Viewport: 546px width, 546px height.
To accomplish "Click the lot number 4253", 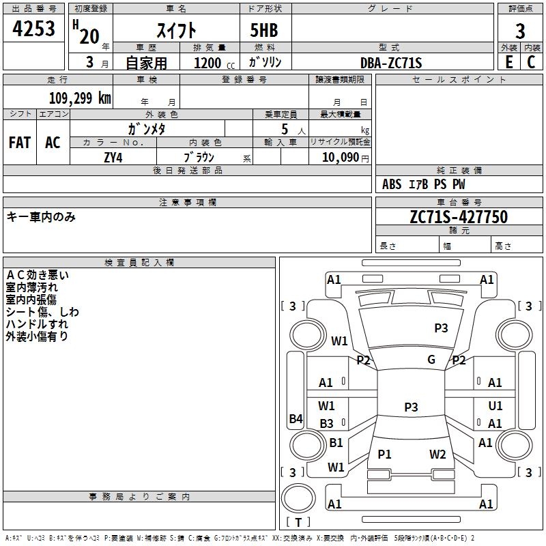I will pyautogui.click(x=34, y=29).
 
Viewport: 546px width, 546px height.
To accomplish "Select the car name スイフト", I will pyautogui.click(x=176, y=29).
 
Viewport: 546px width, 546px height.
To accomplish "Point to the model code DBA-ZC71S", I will pyautogui.click(x=391, y=63).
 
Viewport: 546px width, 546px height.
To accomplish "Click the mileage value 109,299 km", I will pyautogui.click(x=80, y=98).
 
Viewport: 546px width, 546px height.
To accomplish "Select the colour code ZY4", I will pyautogui.click(x=113, y=157).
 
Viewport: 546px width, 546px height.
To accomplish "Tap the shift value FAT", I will pyautogui.click(x=20, y=143).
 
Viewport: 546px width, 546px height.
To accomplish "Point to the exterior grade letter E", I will pyautogui.click(x=508, y=63).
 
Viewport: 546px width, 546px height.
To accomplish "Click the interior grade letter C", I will pyautogui.click(x=531, y=63).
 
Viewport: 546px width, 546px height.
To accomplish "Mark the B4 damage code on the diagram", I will pyautogui.click(x=296, y=419).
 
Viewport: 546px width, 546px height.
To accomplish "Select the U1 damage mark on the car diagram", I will pyautogui.click(x=495, y=406).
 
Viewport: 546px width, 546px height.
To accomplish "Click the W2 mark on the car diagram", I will pyautogui.click(x=437, y=454).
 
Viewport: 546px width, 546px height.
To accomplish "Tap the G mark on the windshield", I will pyautogui.click(x=431, y=360).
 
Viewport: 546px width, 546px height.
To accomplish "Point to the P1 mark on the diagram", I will pyautogui.click(x=385, y=454).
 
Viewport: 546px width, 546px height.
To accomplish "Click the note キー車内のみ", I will pyautogui.click(x=41, y=217).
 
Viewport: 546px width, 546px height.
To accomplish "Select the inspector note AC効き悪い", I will pyautogui.click(x=37, y=276).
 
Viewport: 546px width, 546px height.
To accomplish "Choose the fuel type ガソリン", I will pyautogui.click(x=265, y=63).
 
